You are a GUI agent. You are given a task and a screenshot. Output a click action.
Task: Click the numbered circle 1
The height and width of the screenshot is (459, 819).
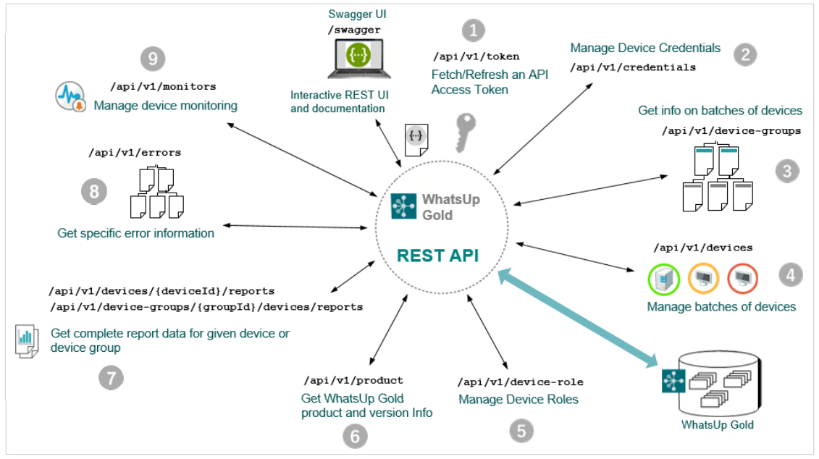(473, 30)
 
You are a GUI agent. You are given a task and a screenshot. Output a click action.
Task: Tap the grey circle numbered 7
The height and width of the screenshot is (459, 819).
(112, 377)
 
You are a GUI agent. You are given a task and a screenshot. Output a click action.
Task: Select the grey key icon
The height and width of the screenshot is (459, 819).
(465, 132)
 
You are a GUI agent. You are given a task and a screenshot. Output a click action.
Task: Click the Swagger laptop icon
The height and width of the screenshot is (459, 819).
(359, 59)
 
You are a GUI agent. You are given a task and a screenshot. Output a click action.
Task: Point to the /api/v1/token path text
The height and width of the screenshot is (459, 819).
(476, 56)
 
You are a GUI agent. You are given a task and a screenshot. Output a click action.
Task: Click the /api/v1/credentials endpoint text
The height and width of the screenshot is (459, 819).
(632, 67)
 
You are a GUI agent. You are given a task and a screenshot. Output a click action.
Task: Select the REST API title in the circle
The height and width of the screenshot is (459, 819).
(437, 256)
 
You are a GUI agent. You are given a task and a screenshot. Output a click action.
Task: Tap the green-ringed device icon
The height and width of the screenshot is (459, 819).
(664, 279)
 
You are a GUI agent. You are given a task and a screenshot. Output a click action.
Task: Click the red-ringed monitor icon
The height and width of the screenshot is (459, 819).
(742, 279)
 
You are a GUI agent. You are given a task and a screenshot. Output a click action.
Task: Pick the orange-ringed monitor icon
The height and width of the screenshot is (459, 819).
(703, 279)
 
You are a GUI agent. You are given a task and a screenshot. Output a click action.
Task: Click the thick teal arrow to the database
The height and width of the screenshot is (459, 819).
(577, 319)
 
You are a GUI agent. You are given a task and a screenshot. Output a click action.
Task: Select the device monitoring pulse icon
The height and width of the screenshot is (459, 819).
(70, 96)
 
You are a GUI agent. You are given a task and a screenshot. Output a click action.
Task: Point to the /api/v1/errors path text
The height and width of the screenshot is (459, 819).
(135, 153)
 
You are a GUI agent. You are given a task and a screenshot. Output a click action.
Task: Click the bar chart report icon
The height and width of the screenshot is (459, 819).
(27, 341)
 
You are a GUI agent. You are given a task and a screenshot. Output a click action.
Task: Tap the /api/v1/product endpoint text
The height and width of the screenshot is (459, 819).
(353, 381)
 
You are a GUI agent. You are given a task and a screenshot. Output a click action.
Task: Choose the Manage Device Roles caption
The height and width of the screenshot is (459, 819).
(518, 400)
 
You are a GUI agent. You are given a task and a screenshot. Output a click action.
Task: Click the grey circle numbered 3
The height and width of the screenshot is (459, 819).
(787, 172)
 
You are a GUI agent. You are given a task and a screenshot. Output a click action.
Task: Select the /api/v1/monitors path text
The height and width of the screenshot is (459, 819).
(163, 87)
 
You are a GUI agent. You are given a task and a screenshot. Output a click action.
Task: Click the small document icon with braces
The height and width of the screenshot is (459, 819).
(416, 140)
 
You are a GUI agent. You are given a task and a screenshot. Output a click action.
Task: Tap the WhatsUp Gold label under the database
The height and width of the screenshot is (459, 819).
(717, 424)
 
